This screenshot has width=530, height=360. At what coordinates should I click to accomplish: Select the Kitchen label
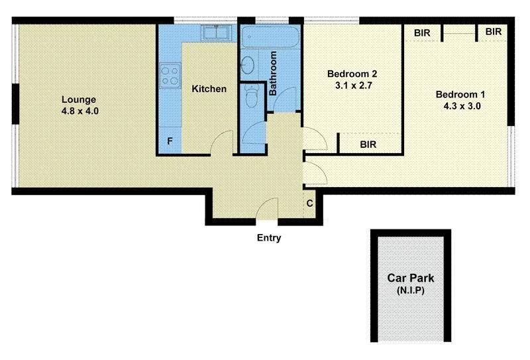209,89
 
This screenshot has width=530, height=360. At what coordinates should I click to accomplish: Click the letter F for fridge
170,141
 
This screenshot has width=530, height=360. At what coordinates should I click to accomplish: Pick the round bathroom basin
247,65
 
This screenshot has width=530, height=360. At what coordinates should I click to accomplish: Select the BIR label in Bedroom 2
370,143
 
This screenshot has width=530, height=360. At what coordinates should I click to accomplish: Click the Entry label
268,238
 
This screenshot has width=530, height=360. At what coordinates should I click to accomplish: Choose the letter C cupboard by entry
309,204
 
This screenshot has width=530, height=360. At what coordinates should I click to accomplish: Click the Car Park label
411,279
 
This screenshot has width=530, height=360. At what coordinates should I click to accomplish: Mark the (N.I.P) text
411,291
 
